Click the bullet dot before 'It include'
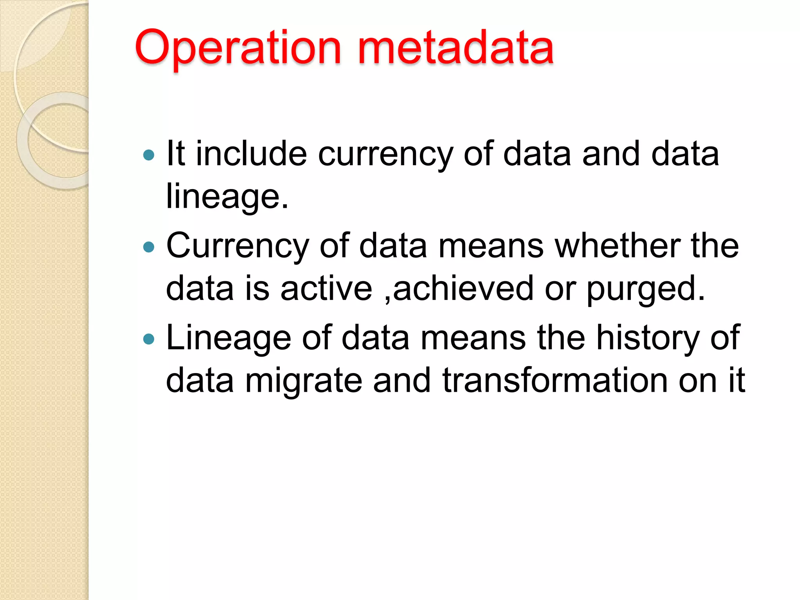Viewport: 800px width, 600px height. click(149, 155)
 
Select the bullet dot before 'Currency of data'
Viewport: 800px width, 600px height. click(149, 247)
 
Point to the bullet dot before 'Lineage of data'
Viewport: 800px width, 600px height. click(149, 339)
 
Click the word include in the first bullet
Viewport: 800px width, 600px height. click(251, 154)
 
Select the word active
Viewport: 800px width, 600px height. click(327, 289)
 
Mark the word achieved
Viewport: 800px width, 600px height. click(463, 289)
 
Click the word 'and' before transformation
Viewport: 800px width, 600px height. click(402, 381)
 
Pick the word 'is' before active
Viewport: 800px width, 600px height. click(257, 289)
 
